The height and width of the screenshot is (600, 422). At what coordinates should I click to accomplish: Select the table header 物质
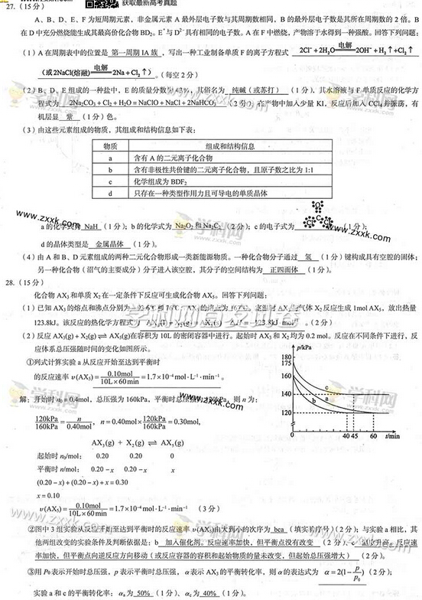pos(112,145)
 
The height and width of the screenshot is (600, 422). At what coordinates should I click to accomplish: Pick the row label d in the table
pos(112,194)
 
